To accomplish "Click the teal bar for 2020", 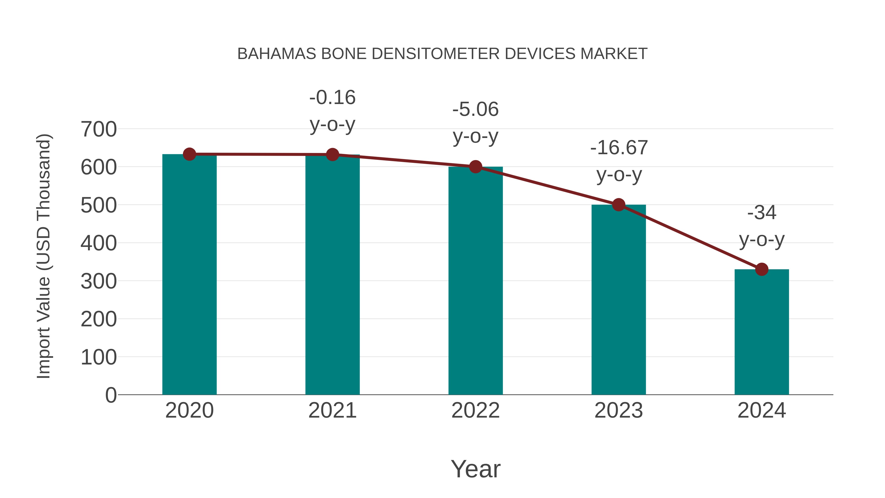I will pyautogui.click(x=189, y=275).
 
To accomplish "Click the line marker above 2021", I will pyautogui.click(x=332, y=155).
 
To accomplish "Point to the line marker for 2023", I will pyautogui.click(x=619, y=205).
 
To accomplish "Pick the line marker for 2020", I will pyautogui.click(x=189, y=154).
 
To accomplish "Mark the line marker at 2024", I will pyautogui.click(x=762, y=270).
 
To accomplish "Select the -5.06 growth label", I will pyautogui.click(x=475, y=123).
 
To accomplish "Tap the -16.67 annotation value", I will pyautogui.click(x=619, y=148).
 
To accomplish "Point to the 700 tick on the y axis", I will pyautogui.click(x=99, y=130).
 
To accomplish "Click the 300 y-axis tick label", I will pyautogui.click(x=99, y=282).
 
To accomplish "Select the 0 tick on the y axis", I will pyautogui.click(x=111, y=395).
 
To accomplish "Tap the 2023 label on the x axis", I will pyautogui.click(x=619, y=410).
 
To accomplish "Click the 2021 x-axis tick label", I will pyautogui.click(x=332, y=410).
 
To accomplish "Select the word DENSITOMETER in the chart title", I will pyautogui.click(x=435, y=54).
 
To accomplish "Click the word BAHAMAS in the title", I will pyautogui.click(x=277, y=54).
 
